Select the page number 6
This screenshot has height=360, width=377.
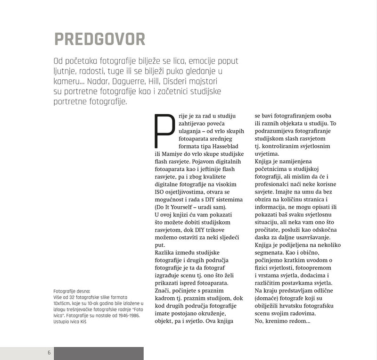[x=49, y=353]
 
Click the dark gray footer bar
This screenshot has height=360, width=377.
[x=98, y=353]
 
